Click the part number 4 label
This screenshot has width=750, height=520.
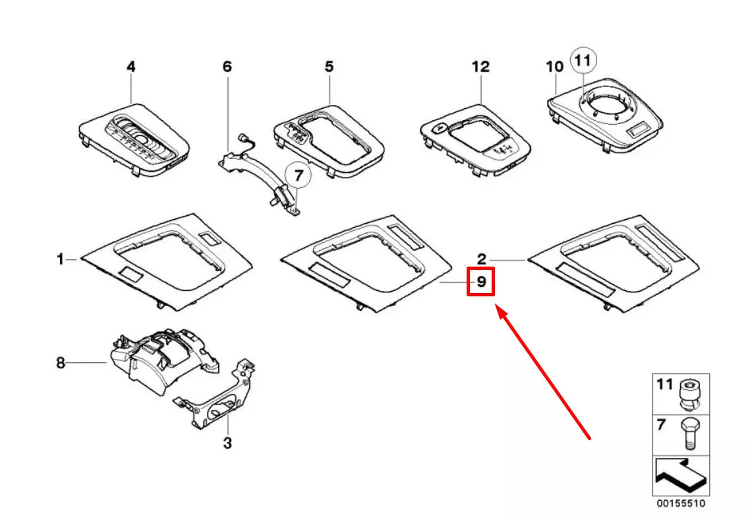click(130, 67)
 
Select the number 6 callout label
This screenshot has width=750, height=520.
click(227, 67)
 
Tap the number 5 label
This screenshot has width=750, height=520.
click(328, 67)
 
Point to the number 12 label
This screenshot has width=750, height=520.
click(480, 67)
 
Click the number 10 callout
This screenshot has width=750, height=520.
click(555, 67)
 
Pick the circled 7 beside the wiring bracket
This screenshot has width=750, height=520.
click(298, 176)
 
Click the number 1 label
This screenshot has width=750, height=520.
click(61, 260)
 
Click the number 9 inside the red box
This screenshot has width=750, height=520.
click(481, 282)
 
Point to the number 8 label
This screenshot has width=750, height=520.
click(61, 362)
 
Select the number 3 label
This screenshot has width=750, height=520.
click(227, 443)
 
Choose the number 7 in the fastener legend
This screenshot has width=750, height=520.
click(661, 425)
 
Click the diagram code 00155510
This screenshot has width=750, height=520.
click(680, 504)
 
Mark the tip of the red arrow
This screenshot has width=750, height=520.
click(498, 308)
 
